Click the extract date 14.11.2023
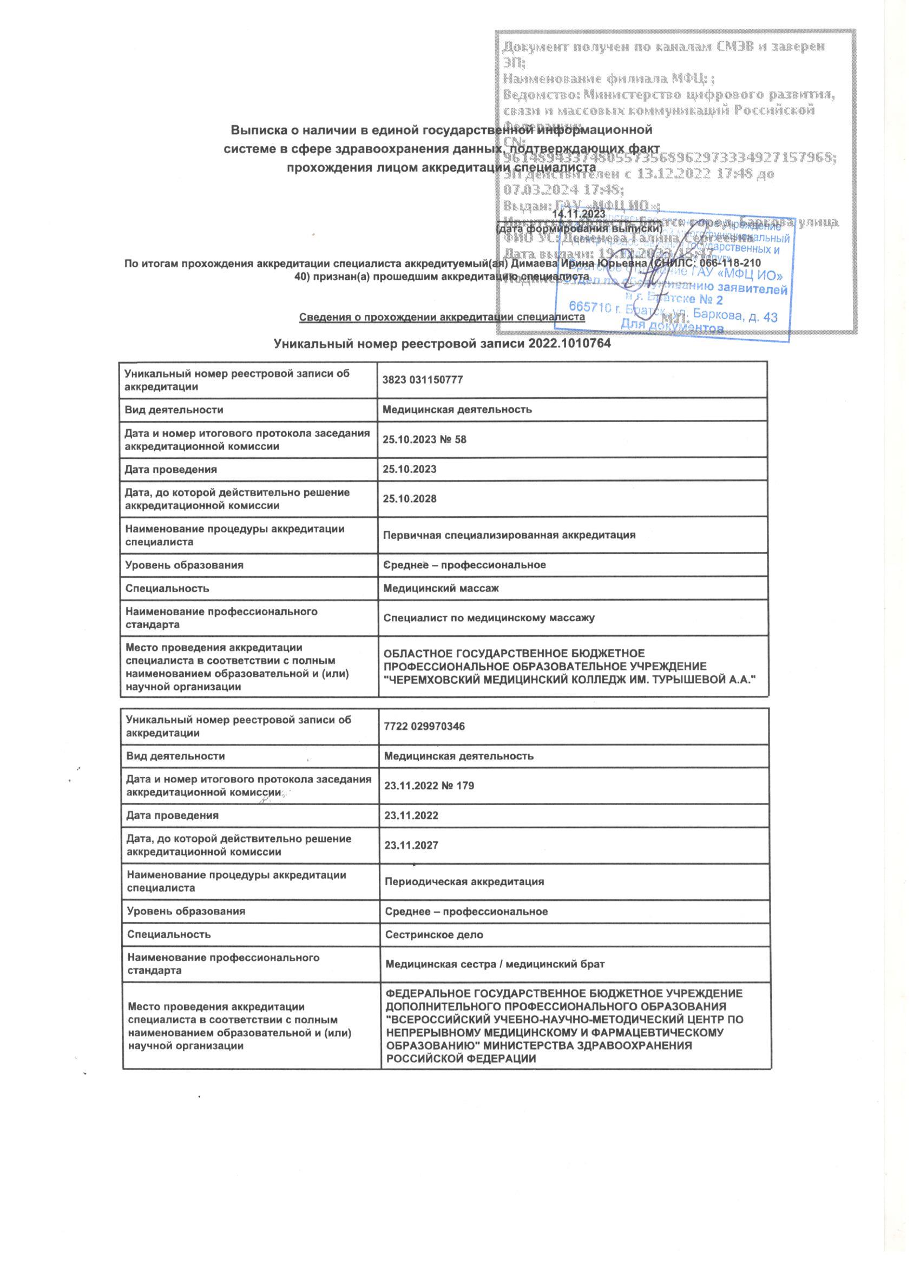pos(578,214)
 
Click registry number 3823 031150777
pos(422,380)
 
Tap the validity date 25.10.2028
pos(409,499)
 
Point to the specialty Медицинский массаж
pos(440,588)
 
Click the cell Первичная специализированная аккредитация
pos(509,535)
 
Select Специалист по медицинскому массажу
pos(489,618)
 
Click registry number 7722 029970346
pos(425,727)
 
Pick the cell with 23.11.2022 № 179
pos(429,786)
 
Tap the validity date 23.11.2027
pos(411,846)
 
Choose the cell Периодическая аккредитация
pos(464,882)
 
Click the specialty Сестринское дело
pos(434,934)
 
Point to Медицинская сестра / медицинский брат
pos(495,964)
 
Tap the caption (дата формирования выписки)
pos(579,228)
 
